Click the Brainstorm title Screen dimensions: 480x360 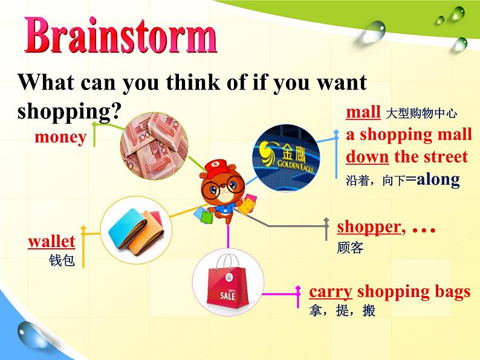121,35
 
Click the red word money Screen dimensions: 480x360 60,138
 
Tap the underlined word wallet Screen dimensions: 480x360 51,242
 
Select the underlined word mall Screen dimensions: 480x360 363,112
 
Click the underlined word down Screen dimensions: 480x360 368,156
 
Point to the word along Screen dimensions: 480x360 438,179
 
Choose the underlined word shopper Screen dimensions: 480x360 369,228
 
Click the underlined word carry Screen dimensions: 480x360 331,292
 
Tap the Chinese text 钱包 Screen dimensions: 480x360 62,260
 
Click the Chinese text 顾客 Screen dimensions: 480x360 350,248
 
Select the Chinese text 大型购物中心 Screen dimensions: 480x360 421,114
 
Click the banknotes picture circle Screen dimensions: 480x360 154,146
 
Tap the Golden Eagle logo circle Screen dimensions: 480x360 286,158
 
